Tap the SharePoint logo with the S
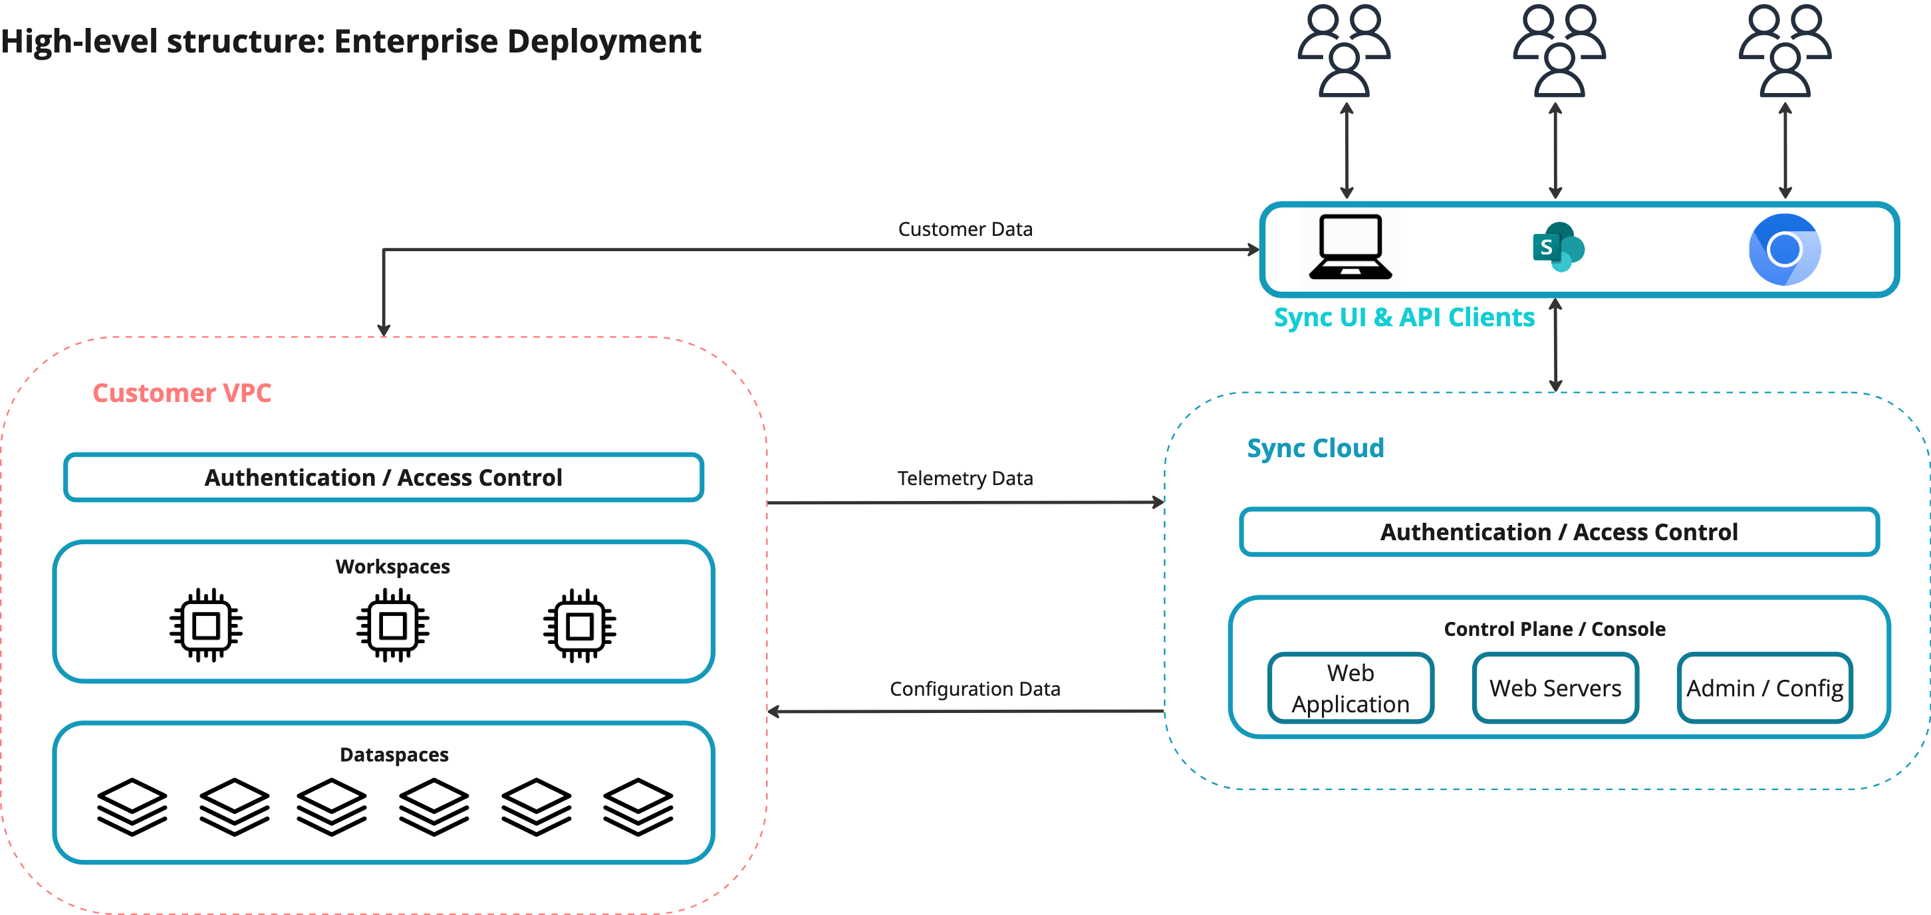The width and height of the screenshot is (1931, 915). point(1558,247)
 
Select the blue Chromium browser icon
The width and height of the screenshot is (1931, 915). point(1784,249)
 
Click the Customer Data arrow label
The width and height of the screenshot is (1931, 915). point(965,229)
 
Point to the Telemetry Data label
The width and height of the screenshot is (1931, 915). point(965,478)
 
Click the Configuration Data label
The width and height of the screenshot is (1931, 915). point(975,688)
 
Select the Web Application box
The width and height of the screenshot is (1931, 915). point(1350,688)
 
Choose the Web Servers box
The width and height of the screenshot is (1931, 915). point(1555,688)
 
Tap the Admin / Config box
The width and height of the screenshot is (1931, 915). point(1765,688)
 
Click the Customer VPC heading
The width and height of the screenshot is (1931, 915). point(182,393)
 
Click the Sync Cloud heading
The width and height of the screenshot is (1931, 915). point(1315,448)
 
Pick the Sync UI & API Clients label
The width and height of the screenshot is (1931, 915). point(1403,317)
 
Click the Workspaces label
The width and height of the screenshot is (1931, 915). point(393,567)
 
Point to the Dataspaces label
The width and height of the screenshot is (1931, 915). point(394,755)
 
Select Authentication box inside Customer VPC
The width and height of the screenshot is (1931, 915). point(383,477)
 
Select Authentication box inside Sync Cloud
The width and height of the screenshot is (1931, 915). point(1559,532)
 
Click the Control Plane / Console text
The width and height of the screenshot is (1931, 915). point(1555,629)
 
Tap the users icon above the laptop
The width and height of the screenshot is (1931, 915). point(1344,51)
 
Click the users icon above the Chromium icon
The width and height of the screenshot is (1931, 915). point(1785,51)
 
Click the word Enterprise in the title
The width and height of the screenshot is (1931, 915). point(416,41)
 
